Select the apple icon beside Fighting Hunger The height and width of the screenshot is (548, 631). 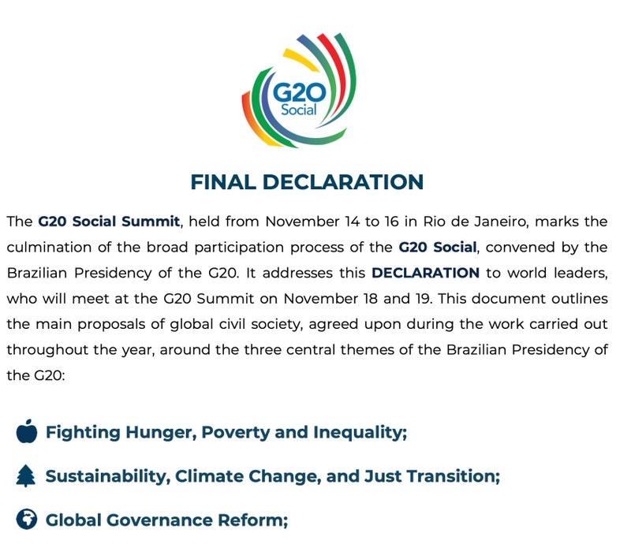(27, 432)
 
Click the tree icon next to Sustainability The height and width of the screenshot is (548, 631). (27, 476)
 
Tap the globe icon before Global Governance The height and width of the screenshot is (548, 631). (27, 520)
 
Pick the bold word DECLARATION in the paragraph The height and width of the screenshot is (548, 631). (425, 273)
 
